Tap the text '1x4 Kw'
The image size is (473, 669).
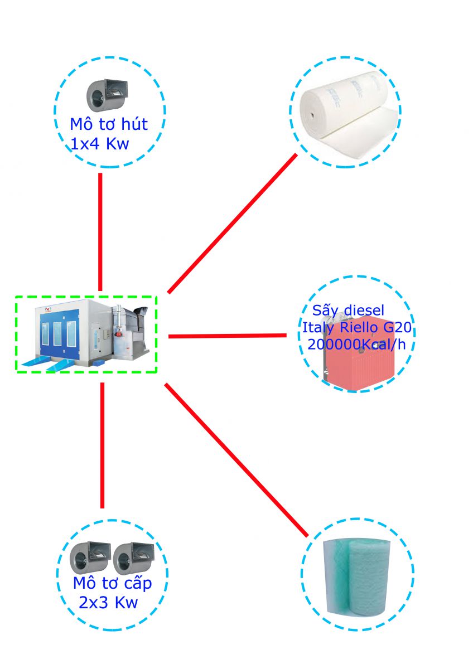click(100, 144)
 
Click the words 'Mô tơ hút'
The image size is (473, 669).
click(108, 124)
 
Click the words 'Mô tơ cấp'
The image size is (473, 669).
click(112, 584)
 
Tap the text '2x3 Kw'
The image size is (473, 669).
click(108, 603)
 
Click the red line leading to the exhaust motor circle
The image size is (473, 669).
click(100, 231)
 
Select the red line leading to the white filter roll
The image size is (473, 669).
click(233, 223)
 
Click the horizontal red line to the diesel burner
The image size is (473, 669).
click(227, 336)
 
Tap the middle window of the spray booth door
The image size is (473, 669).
click(57, 334)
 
